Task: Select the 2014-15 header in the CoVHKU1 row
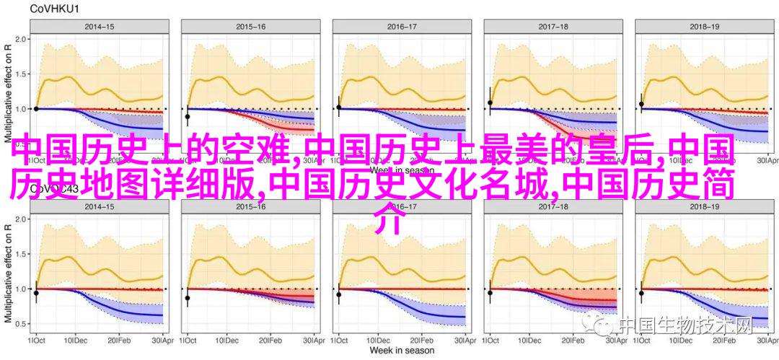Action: (x=100, y=27)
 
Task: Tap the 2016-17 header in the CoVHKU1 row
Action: (x=402, y=27)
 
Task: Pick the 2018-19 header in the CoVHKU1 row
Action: (x=705, y=27)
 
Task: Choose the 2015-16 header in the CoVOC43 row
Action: (x=250, y=205)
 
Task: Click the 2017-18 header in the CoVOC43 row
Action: (x=553, y=205)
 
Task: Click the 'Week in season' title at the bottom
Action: (x=402, y=351)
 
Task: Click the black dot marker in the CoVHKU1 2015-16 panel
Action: (x=188, y=116)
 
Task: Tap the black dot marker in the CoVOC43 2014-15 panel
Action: (x=36, y=293)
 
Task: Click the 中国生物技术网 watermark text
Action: (x=685, y=326)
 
